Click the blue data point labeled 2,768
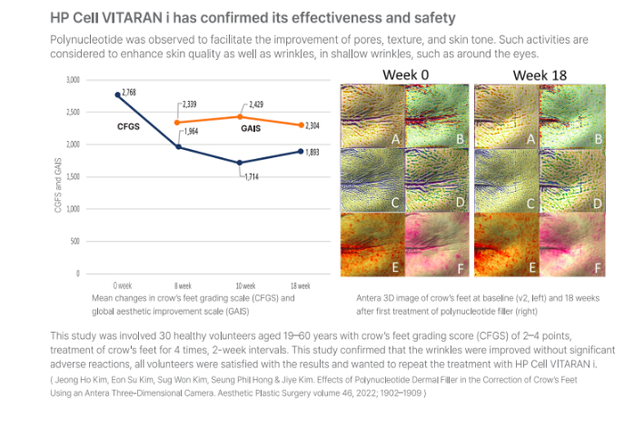[118, 95]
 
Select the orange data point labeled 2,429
[241, 116]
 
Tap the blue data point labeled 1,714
[240, 163]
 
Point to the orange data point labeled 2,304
[301, 125]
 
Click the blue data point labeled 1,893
[301, 151]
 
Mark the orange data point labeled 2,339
[177, 123]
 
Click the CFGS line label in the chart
[128, 126]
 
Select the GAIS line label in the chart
[251, 129]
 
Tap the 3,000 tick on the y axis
[73, 80]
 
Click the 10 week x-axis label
[245, 285]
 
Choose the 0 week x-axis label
[123, 285]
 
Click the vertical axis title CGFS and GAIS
[58, 185]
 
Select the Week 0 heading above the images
[406, 75]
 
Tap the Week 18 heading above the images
[540, 75]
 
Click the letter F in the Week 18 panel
[598, 268]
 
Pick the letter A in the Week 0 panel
[395, 139]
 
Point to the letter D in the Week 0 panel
[460, 202]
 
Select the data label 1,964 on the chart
[191, 132]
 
